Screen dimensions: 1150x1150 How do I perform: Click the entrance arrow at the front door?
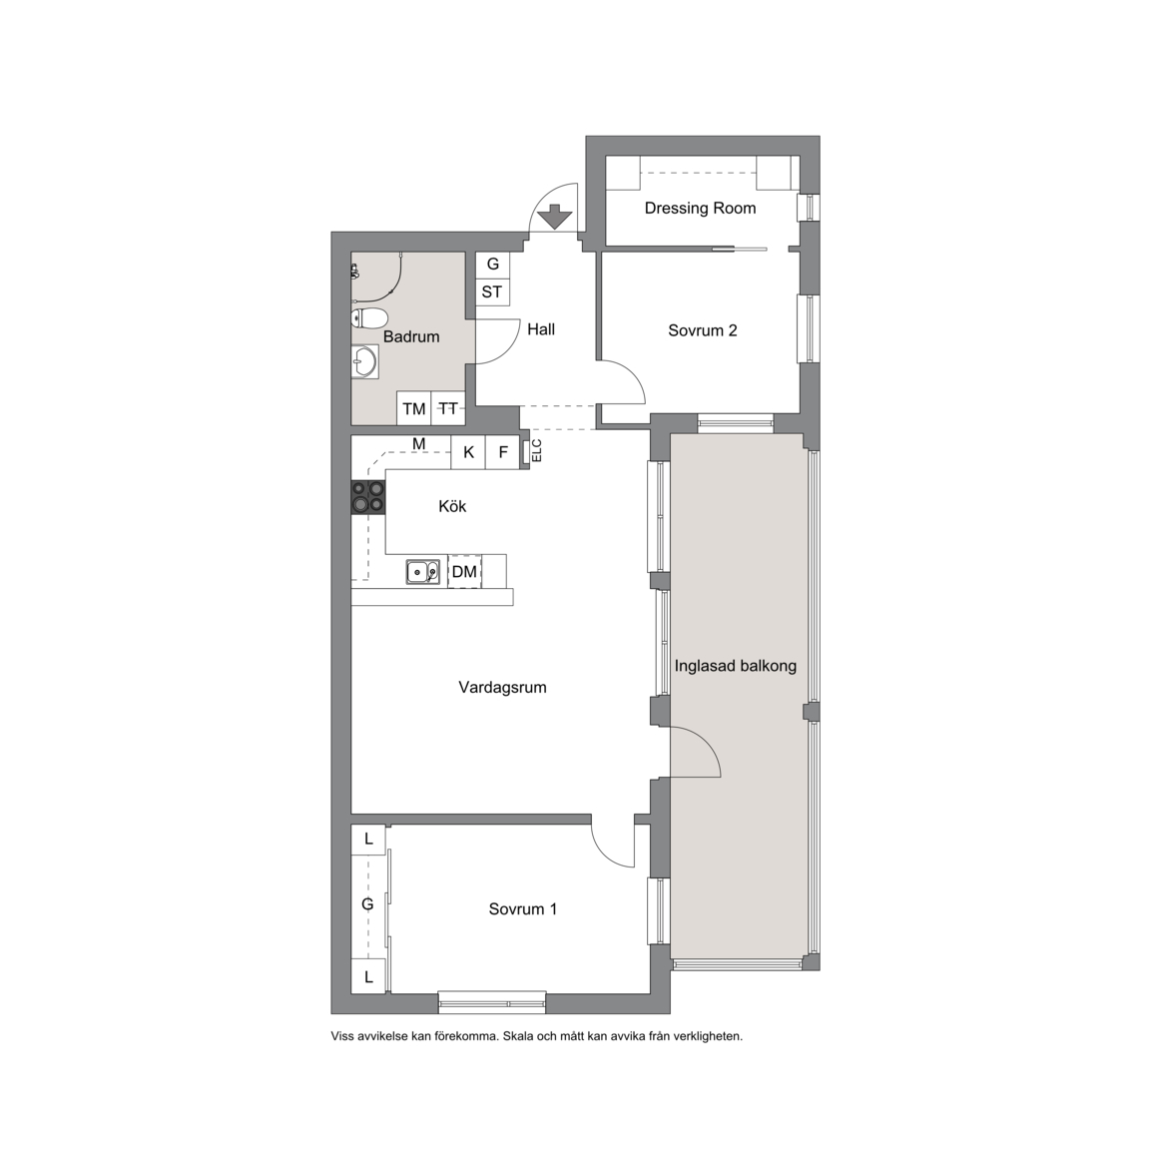554,216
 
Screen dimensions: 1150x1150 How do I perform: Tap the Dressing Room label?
700,209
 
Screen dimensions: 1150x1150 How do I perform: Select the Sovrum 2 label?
702,330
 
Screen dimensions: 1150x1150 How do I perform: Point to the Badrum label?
410,336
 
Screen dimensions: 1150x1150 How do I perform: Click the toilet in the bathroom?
369,318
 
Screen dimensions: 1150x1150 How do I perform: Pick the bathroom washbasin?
364,361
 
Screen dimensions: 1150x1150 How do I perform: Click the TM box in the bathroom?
413,408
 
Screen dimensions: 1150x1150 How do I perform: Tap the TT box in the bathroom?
448,408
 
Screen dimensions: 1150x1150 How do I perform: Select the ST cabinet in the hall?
492,291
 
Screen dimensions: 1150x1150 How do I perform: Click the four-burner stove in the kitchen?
368,496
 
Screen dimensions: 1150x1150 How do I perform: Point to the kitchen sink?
423,572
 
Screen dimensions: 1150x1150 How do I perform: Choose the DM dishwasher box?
464,571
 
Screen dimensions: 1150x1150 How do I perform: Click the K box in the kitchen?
468,452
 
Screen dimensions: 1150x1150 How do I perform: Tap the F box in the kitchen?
503,452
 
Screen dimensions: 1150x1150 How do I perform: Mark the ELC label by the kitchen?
536,450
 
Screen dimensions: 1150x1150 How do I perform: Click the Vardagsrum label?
502,687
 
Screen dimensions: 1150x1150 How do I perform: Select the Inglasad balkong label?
736,666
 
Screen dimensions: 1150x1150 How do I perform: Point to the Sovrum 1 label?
523,909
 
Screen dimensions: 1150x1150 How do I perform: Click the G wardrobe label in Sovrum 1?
368,904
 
